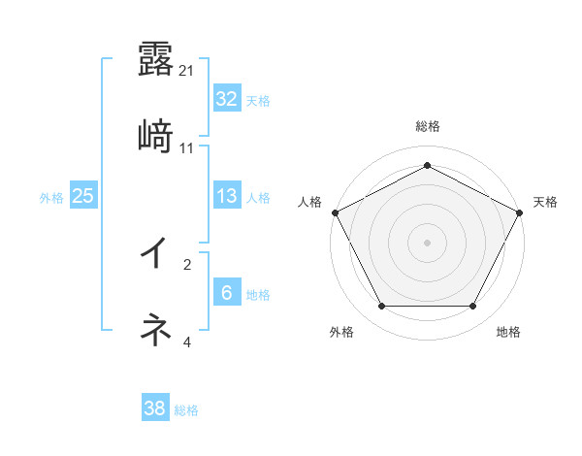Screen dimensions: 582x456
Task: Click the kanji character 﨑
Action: pyautogui.click(x=155, y=136)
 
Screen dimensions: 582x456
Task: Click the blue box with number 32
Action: pyautogui.click(x=226, y=99)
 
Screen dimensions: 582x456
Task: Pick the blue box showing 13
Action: pyautogui.click(x=226, y=196)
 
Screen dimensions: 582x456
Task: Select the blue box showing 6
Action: pyautogui.click(x=226, y=293)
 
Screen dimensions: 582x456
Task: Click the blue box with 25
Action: pyautogui.click(x=82, y=196)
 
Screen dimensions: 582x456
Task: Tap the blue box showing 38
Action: pyautogui.click(x=154, y=408)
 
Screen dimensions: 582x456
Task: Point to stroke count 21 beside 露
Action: pyautogui.click(x=187, y=70)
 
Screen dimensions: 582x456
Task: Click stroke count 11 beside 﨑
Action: pyautogui.click(x=187, y=147)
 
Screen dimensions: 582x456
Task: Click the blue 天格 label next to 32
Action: pyautogui.click(x=258, y=100)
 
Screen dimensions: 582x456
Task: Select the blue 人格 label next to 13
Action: pyautogui.click(x=258, y=197)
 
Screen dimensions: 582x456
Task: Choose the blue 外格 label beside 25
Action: pyautogui.click(x=51, y=197)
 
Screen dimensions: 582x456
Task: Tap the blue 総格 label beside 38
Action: pyautogui.click(x=186, y=409)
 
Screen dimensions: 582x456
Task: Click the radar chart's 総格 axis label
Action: pyautogui.click(x=427, y=126)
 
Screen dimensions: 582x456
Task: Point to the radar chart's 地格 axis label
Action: pyautogui.click(x=508, y=333)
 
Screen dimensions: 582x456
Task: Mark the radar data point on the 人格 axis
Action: pyautogui.click(x=335, y=212)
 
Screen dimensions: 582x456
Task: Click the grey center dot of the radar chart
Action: pyautogui.click(x=427, y=242)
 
